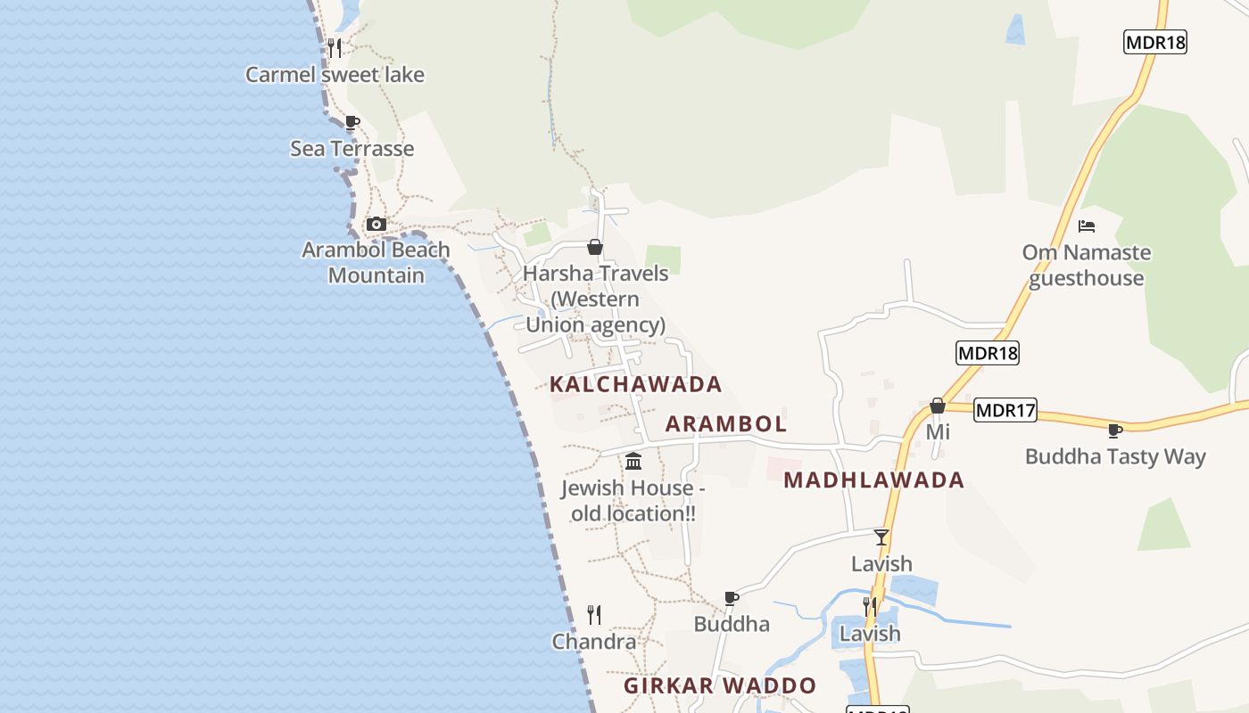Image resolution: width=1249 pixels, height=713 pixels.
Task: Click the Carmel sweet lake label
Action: tap(335, 75)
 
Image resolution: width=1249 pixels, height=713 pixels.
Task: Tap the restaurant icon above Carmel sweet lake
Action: tap(335, 47)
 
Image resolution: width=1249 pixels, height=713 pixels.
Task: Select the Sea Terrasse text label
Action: tap(352, 149)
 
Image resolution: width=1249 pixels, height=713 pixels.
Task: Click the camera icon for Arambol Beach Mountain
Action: tap(376, 224)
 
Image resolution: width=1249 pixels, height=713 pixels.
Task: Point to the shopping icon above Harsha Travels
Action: tap(595, 247)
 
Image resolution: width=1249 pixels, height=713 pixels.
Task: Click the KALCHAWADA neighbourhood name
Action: tap(635, 384)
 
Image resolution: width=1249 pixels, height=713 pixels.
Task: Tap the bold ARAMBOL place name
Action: tap(726, 424)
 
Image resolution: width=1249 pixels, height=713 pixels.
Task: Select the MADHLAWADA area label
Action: tap(873, 480)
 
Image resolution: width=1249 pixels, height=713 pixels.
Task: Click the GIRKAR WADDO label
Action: tap(720, 685)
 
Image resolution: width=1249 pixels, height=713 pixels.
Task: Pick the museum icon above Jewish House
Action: tap(633, 461)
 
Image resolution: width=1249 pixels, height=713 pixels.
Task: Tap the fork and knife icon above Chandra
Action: tap(594, 614)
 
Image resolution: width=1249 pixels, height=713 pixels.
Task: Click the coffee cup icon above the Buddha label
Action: tap(732, 598)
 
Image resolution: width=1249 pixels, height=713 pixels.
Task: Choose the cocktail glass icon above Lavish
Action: tap(881, 537)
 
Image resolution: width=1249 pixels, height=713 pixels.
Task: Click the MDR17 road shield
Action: tap(1005, 410)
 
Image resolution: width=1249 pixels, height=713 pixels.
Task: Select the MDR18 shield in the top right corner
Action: tap(1154, 42)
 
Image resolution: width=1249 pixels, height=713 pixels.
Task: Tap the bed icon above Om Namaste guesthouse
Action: tap(1087, 226)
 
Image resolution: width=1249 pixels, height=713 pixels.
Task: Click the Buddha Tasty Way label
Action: tap(1115, 457)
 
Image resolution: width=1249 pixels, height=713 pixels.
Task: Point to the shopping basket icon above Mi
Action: tap(937, 406)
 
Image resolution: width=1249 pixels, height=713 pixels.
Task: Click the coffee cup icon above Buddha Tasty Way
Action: tap(1115, 431)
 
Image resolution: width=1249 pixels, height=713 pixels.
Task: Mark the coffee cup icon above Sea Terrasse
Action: tap(352, 122)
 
